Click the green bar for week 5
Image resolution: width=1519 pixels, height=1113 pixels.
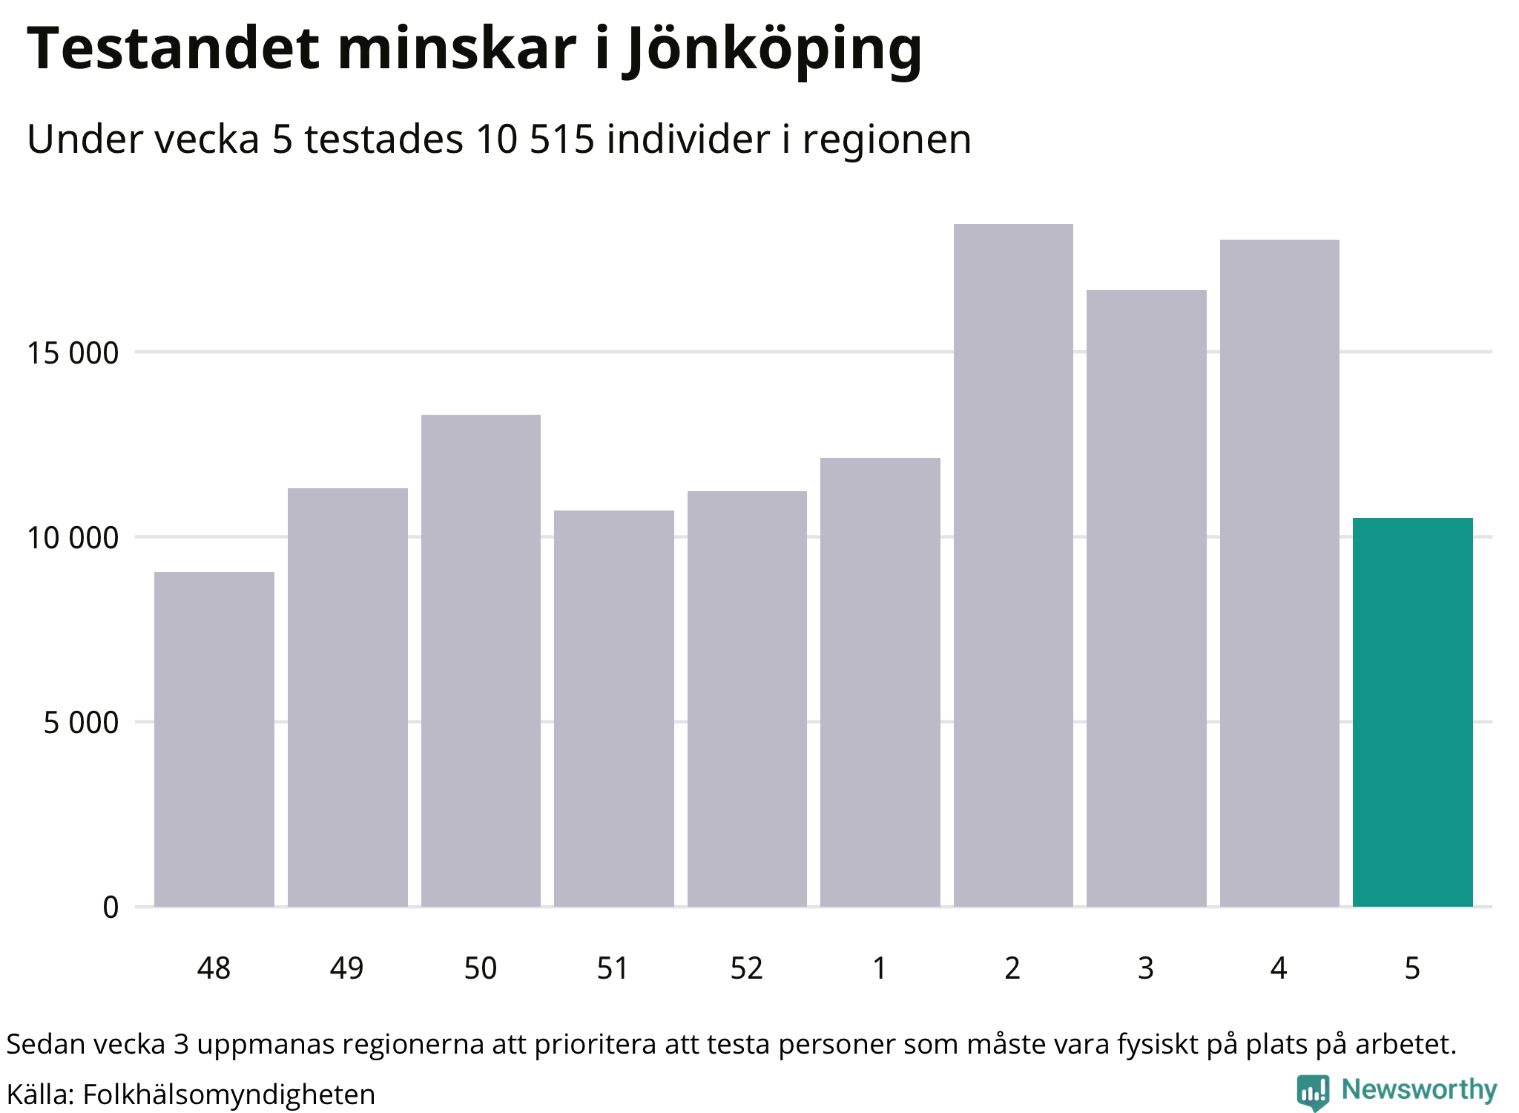(1412, 712)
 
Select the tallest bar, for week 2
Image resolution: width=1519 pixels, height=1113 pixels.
(1013, 564)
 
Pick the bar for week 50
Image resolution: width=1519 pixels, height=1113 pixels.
(481, 660)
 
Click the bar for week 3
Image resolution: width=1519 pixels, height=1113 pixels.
(1146, 598)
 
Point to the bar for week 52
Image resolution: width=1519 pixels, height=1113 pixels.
(747, 697)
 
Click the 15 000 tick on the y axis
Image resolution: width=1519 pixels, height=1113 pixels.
(73, 353)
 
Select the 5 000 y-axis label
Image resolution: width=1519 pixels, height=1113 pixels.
(81, 722)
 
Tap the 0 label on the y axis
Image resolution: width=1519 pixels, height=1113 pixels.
(111, 907)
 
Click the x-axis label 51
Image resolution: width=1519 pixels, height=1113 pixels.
(613, 968)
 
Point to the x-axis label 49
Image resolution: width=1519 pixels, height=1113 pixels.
(347, 968)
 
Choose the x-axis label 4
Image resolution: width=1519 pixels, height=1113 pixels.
(1279, 968)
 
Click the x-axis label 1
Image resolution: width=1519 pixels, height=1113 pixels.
(880, 968)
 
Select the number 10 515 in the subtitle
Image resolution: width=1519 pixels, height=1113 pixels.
(535, 139)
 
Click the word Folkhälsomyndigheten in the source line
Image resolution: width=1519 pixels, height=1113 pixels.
(228, 1094)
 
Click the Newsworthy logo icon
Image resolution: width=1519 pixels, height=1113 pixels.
(1312, 1091)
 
